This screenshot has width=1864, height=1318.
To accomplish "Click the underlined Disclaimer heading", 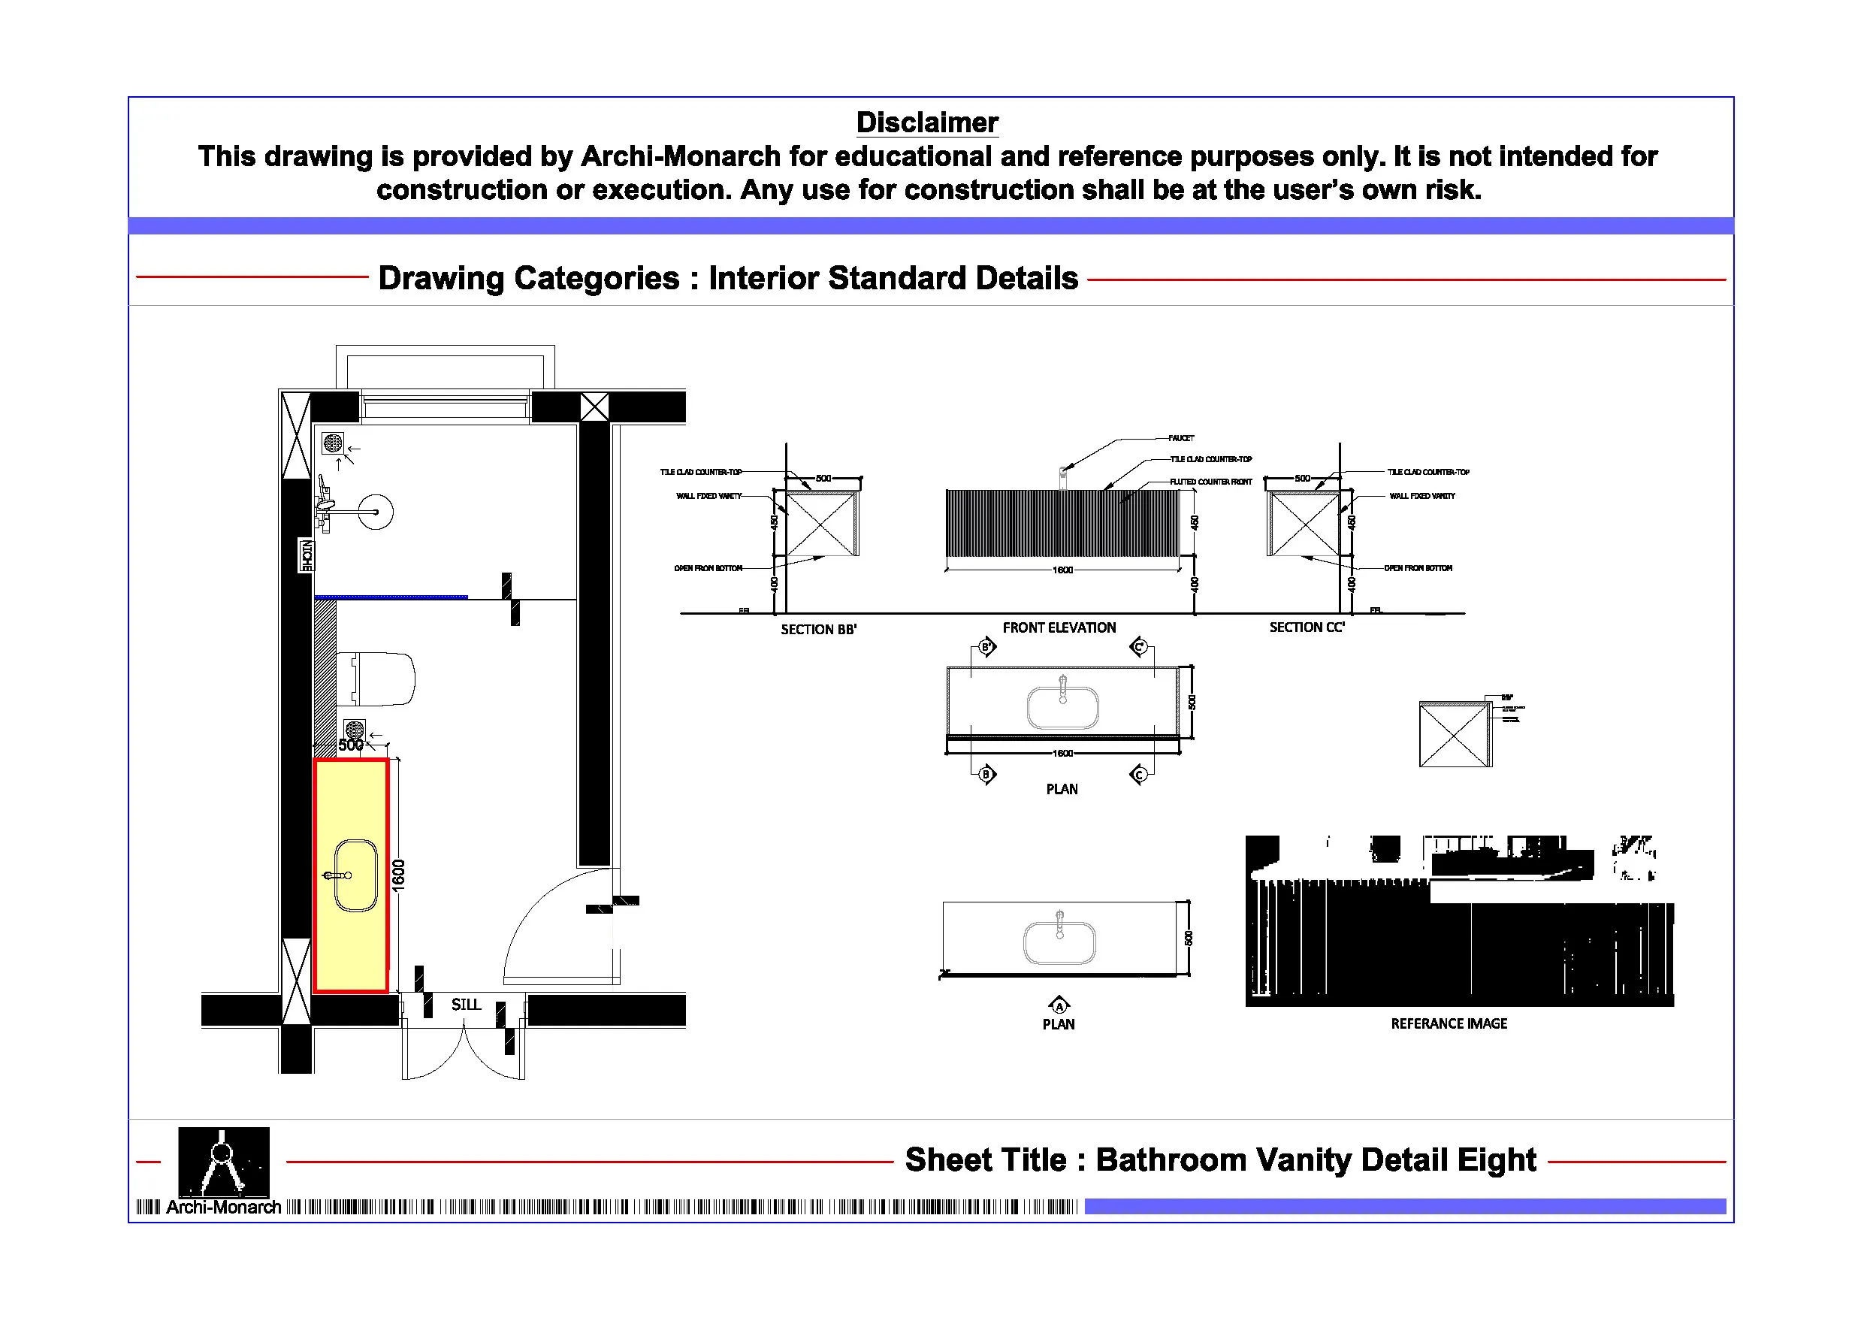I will (927, 122).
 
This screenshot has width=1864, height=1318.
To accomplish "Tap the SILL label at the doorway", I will (466, 1005).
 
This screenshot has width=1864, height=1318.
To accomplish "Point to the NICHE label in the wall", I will (307, 555).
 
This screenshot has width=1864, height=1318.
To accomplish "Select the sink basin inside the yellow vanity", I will (356, 875).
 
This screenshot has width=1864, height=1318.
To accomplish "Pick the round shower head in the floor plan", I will (376, 512).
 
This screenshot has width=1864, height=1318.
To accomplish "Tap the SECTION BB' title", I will (818, 630).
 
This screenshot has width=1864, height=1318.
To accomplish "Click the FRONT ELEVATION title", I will (1059, 627).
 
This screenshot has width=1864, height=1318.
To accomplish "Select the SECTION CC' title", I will (1307, 627).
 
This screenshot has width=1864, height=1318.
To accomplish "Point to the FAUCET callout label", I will (1181, 439).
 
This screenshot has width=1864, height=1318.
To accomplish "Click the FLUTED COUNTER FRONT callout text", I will (1210, 482).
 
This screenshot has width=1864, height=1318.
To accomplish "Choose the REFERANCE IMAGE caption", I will (1449, 1024).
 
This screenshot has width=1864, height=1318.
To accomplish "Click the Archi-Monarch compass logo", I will (223, 1162).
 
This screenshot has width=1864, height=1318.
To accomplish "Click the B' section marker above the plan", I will (986, 647).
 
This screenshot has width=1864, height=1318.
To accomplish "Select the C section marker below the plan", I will (1139, 775).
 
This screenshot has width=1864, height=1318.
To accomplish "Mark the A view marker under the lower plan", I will (1059, 1005).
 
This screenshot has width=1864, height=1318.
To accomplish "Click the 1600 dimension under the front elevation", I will (1062, 570).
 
